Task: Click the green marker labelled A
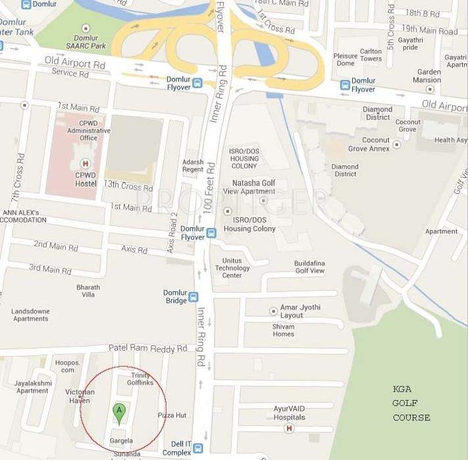point(119,413)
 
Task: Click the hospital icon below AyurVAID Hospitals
point(288,429)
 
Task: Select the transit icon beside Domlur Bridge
point(194,297)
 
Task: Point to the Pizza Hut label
point(172,415)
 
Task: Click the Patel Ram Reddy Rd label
point(147,348)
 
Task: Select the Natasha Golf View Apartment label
point(258,187)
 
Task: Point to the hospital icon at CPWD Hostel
point(84,163)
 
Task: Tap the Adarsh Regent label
point(193,165)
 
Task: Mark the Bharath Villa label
point(88,291)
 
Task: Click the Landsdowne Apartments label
point(31,315)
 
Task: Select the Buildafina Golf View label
point(309,267)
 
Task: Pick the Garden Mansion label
point(427,76)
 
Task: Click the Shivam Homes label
point(283,330)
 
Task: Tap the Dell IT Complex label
point(176,449)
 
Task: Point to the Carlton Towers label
point(371,55)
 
